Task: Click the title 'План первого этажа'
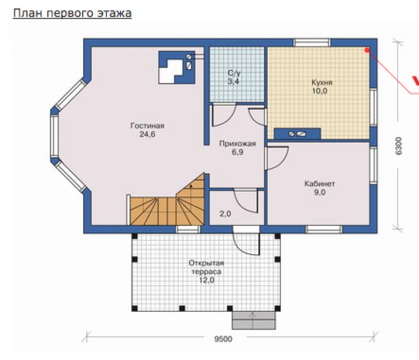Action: coord(72,14)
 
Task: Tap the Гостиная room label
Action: coord(147,126)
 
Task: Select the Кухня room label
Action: coord(322,82)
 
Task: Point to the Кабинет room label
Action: coord(319,184)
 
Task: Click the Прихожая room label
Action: coord(237,144)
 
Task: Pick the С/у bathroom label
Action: coord(234,73)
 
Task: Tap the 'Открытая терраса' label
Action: coord(206,267)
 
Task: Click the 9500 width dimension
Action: coord(223,339)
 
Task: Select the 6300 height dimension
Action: coord(398,146)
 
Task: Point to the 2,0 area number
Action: coord(225,213)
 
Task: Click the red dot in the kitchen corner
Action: coord(367,50)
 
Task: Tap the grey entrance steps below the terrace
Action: coord(253,320)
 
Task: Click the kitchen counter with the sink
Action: coord(297,134)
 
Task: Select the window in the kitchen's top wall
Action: coord(311,42)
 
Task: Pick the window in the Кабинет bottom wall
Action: coord(324,229)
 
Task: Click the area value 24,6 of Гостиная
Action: coord(147,134)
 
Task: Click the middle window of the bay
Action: coord(54,136)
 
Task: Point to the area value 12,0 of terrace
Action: coord(206,280)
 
